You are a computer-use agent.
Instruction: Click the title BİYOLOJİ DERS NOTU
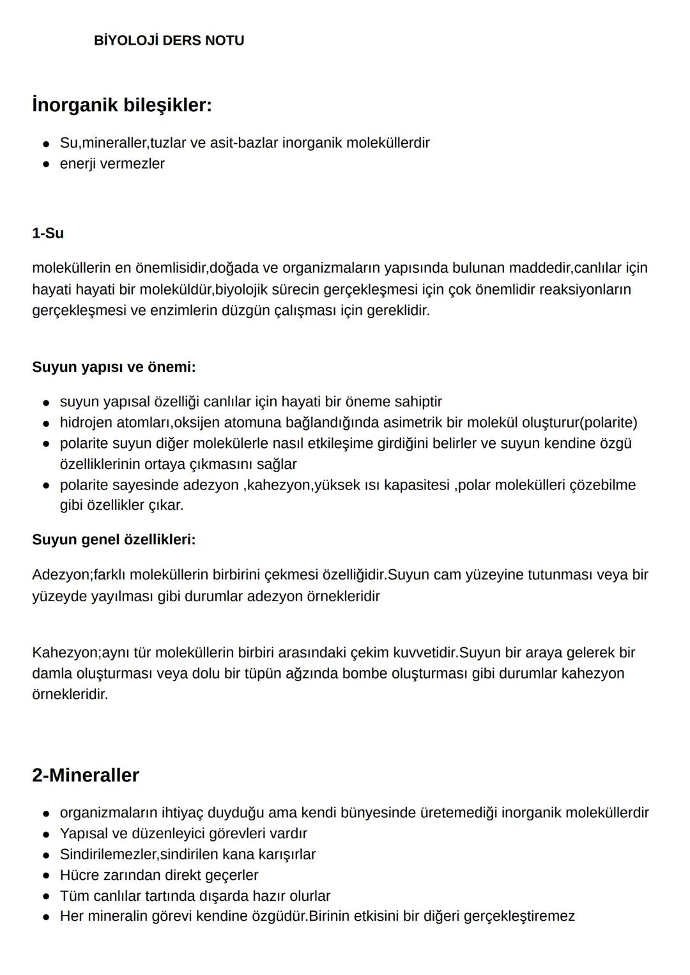point(169,40)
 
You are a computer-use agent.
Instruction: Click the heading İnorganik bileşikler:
point(121,105)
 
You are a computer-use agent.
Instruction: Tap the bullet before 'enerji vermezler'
point(46,164)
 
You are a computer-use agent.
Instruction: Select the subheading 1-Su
point(48,233)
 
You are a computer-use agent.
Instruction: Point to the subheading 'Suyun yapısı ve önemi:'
point(114,367)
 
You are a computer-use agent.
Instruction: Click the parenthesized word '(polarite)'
point(607,423)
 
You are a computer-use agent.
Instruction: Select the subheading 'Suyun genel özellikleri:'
point(114,540)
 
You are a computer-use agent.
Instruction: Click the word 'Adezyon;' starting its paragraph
point(62,574)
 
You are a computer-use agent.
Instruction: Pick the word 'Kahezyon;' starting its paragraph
point(66,653)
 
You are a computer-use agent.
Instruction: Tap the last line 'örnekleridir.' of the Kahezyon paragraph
point(70,695)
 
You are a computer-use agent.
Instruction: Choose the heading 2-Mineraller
point(86,775)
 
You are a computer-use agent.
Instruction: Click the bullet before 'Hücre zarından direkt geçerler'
point(46,876)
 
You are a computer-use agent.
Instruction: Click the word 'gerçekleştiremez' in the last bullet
point(519,917)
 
